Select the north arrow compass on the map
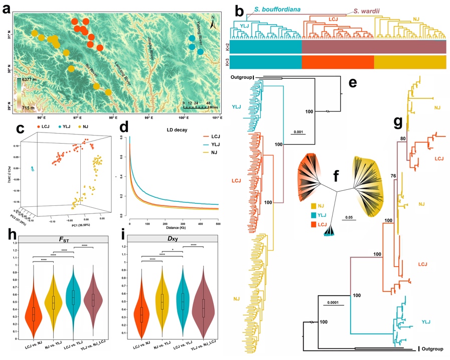pyautogui.click(x=213, y=23)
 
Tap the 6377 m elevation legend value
pyautogui.click(x=32, y=80)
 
